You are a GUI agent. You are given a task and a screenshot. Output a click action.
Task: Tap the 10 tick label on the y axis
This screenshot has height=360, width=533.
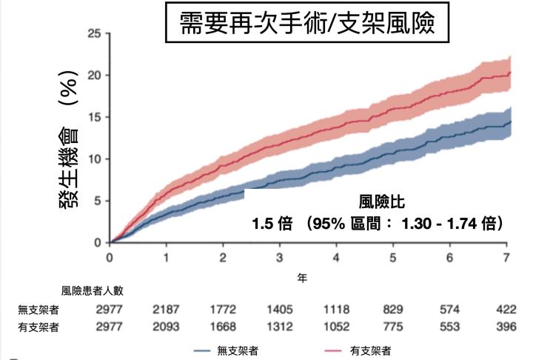pos(94,159)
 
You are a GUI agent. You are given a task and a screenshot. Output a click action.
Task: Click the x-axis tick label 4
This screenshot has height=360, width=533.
pos(337,257)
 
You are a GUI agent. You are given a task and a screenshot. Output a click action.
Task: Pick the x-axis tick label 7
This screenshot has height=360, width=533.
pos(507,257)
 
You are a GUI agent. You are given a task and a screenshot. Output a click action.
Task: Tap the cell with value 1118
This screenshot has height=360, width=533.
pos(337,310)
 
